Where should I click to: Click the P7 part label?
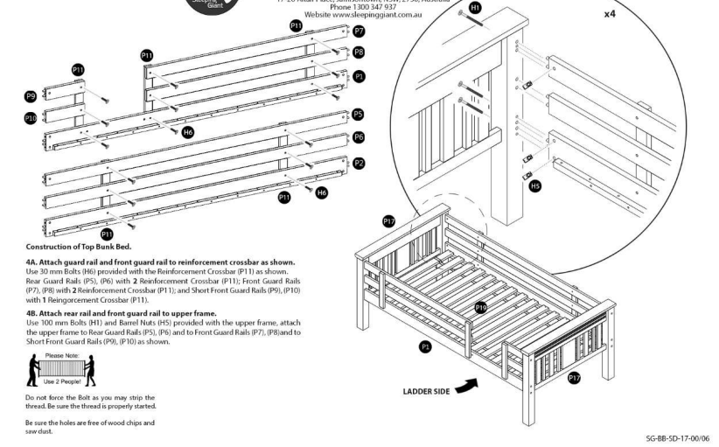coord(359,31)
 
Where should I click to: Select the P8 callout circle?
coord(359,52)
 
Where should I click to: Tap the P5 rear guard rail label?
coord(359,115)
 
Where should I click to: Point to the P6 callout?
coord(359,137)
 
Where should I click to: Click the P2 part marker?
coord(359,163)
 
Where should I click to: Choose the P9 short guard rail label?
coord(31,96)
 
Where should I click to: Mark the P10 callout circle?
coord(31,117)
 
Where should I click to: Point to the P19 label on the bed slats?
coord(479,307)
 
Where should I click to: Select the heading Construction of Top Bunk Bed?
coord(85,246)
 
